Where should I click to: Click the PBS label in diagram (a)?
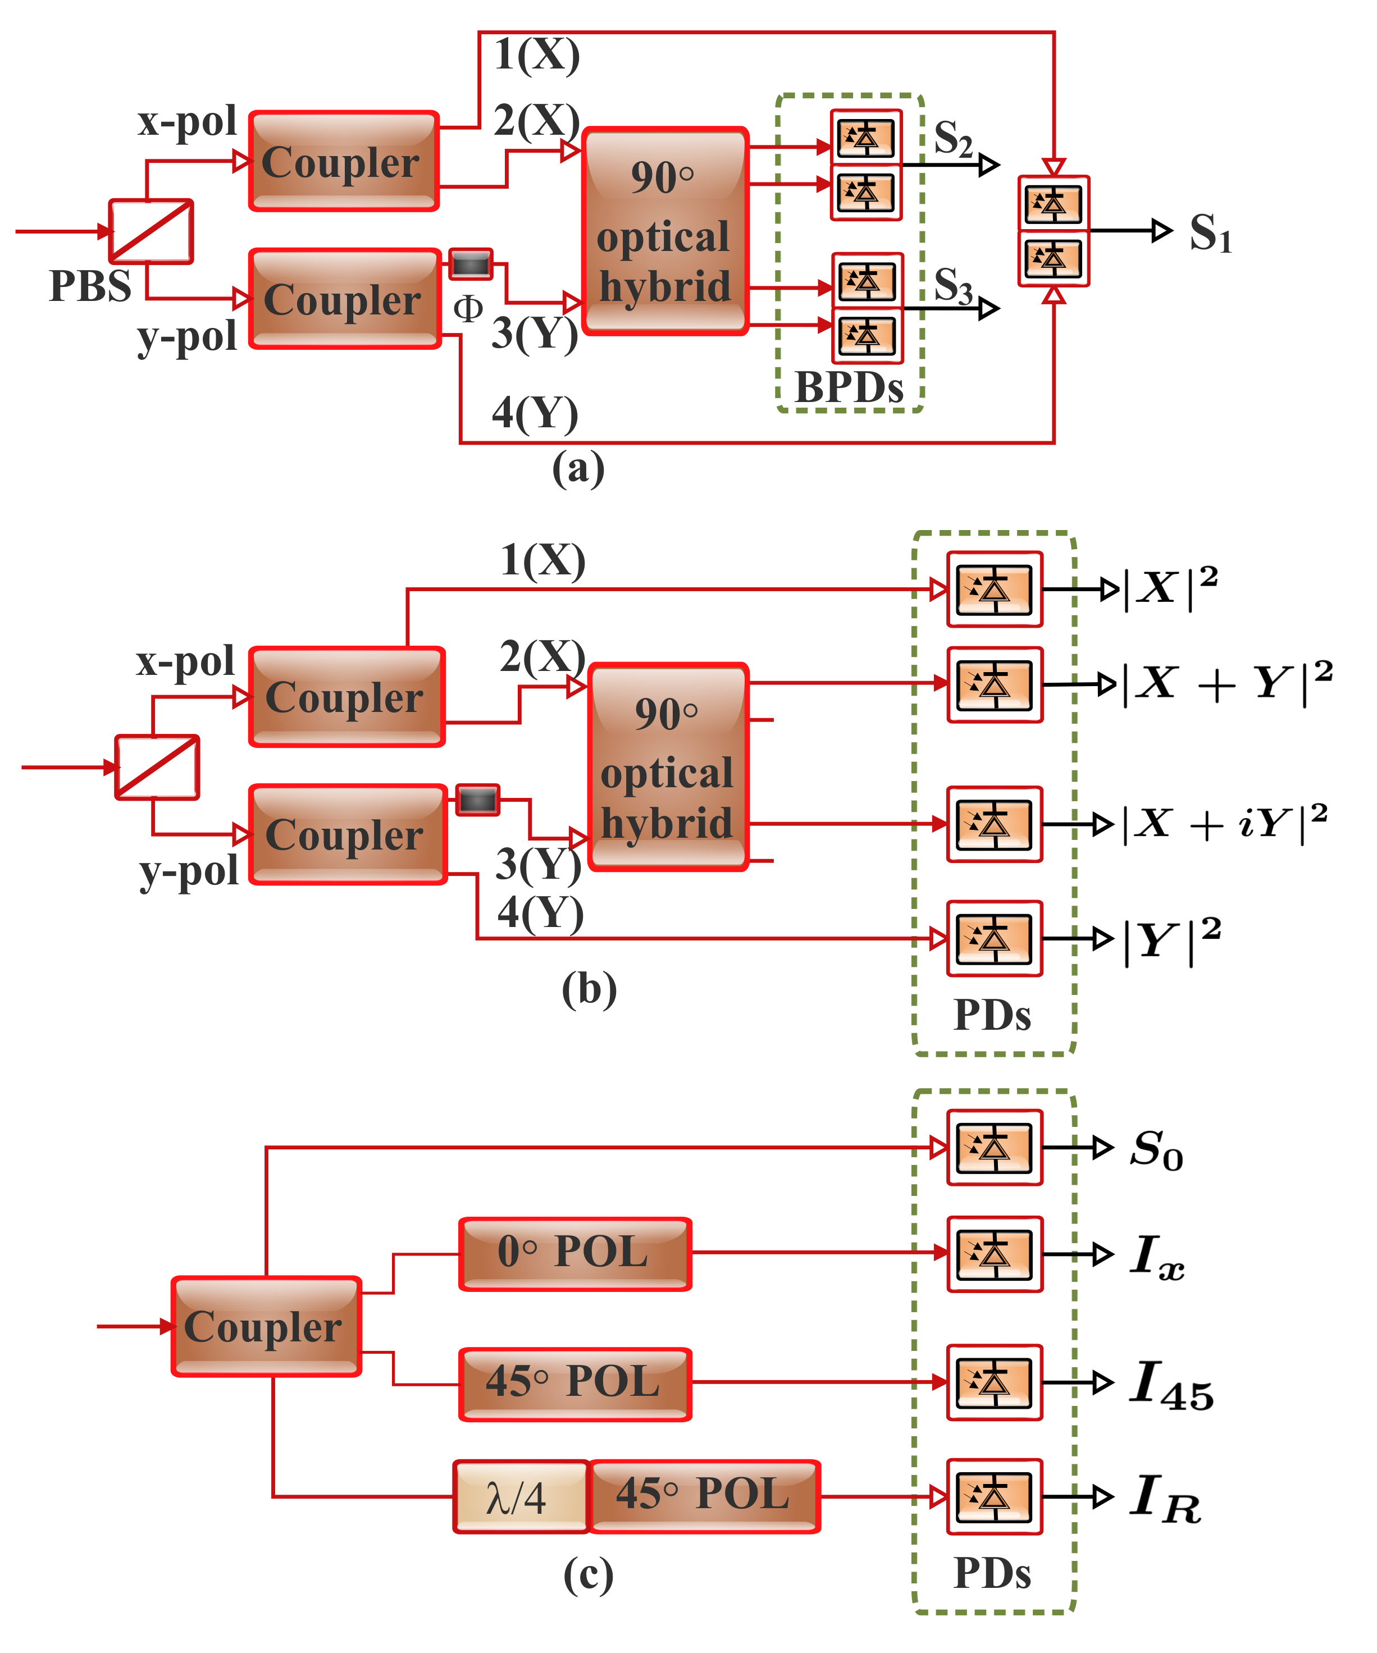click(90, 286)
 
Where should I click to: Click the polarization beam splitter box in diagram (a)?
click(151, 231)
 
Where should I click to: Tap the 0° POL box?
click(574, 1254)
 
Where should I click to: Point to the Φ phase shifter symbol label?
click(468, 309)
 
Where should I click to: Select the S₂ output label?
click(952, 139)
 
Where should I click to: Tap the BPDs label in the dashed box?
click(849, 387)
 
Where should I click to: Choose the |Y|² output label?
click(1171, 940)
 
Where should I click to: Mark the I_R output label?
click(1165, 1498)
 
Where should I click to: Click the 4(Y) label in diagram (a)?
click(535, 413)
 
